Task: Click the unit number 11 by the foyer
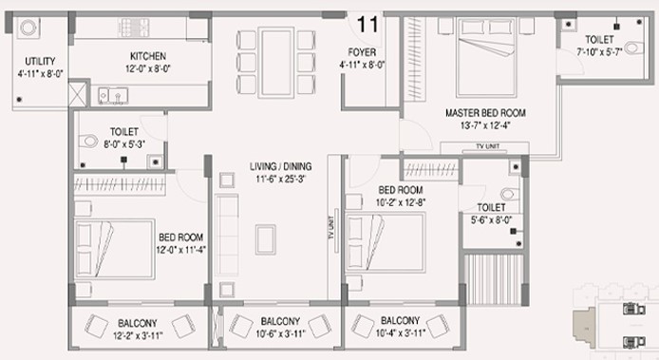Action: [x=367, y=25]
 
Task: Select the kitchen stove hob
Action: [x=133, y=28]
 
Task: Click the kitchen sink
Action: [x=113, y=96]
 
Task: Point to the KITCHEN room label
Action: [x=148, y=56]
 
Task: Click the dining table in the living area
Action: [x=276, y=63]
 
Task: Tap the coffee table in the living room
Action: [x=266, y=239]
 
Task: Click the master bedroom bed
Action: [x=486, y=57]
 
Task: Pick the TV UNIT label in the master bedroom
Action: [x=487, y=146]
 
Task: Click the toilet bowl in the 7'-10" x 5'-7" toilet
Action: [x=633, y=47]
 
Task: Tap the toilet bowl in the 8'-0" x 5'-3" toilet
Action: [x=88, y=141]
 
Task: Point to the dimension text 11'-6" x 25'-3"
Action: [x=280, y=179]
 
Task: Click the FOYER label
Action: [x=362, y=52]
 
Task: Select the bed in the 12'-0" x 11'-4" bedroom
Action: [x=114, y=249]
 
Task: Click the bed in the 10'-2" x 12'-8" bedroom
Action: [x=386, y=242]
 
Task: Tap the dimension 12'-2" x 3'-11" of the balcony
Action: [x=138, y=335]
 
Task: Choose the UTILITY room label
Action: [x=40, y=61]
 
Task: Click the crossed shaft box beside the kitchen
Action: [x=77, y=94]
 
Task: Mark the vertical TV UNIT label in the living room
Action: [x=331, y=228]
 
